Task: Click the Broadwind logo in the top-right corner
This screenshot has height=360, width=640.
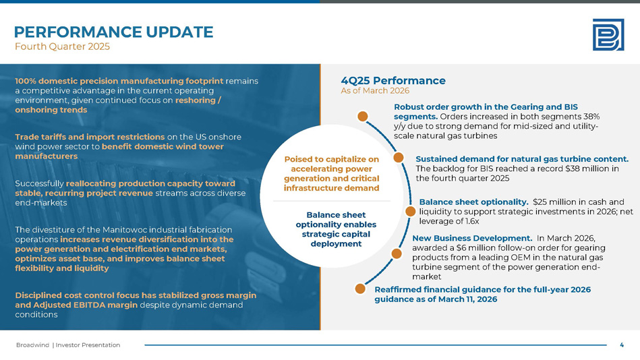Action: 608,34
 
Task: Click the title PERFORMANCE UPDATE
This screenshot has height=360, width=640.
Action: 113,32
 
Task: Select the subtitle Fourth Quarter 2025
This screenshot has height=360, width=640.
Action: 62,47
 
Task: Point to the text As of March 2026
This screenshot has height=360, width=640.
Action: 375,90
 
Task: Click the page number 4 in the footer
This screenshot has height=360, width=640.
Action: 621,344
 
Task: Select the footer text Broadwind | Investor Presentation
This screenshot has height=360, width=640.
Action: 68,344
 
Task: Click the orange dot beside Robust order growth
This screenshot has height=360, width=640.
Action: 363,116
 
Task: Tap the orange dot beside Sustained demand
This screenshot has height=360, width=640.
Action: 398,158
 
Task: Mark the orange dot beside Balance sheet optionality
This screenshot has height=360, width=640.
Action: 409,211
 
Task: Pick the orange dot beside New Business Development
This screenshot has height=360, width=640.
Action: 396,253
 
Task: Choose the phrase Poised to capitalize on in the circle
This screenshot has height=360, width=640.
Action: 331,159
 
